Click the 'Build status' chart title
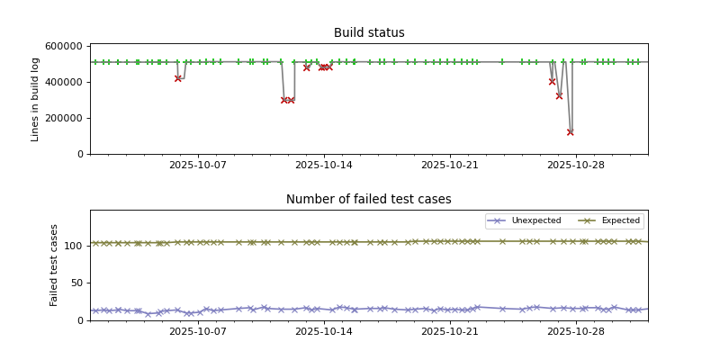[x=369, y=33]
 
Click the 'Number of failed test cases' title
[x=369, y=200]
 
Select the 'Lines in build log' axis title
[x=36, y=99]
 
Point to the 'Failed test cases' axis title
[x=54, y=265]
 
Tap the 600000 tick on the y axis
[x=64, y=46]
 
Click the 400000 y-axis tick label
[x=64, y=82]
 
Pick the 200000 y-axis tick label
[x=64, y=118]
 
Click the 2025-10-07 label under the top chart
[x=198, y=165]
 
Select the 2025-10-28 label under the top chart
[x=576, y=165]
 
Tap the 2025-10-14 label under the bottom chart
[x=324, y=331]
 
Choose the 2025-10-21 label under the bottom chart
[x=450, y=331]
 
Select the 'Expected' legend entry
[x=620, y=220]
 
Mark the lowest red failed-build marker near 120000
[x=570, y=132]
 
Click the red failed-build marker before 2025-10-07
[x=178, y=78]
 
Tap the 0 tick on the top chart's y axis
[x=79, y=154]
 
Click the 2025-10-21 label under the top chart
[x=450, y=165]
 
